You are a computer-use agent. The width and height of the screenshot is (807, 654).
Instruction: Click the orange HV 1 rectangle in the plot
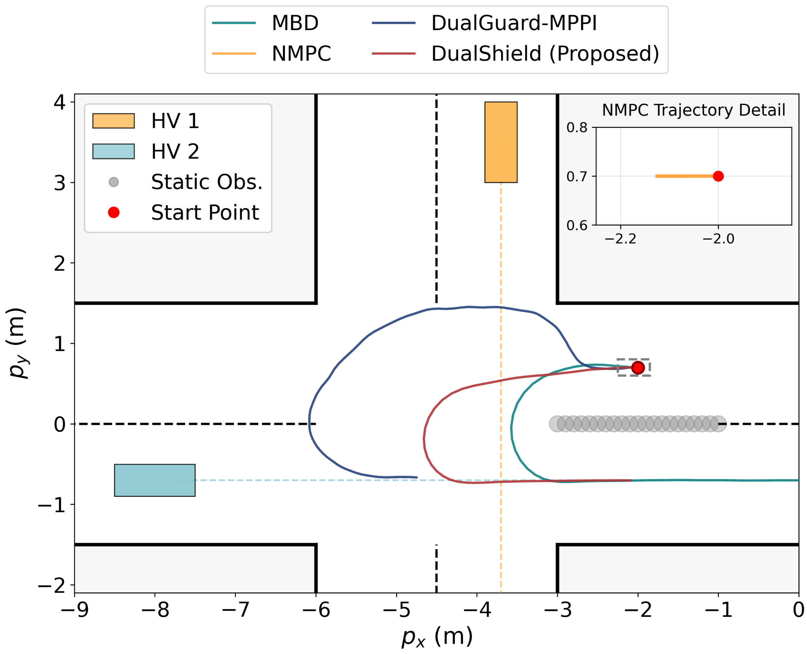point(501,142)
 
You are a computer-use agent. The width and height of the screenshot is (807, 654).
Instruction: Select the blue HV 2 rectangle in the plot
point(155,480)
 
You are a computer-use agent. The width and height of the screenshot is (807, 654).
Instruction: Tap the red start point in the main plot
point(638,367)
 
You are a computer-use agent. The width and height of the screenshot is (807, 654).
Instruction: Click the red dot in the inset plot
point(718,176)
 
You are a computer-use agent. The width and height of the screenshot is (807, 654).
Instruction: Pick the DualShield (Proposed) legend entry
point(545,54)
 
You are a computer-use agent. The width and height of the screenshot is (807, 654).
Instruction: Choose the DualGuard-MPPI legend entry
point(514,23)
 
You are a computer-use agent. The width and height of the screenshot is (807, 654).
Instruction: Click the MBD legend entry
point(295,23)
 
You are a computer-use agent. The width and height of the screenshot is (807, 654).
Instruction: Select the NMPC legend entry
point(301,54)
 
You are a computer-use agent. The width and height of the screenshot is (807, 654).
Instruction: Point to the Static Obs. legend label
point(206,182)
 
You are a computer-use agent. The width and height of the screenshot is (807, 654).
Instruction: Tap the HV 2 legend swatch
point(113,152)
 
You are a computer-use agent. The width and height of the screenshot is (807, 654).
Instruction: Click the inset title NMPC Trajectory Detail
point(693,110)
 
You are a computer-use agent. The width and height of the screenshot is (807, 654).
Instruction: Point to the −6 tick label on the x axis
point(316,610)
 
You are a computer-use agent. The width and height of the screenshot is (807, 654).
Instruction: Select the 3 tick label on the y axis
point(60,183)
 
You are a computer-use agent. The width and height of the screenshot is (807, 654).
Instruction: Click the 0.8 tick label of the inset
point(577,128)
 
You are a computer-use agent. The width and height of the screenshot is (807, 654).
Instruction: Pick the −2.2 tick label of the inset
point(620,239)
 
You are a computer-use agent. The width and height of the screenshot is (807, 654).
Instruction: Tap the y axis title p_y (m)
point(17,343)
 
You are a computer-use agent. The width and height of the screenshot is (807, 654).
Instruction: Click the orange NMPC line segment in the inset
point(684,176)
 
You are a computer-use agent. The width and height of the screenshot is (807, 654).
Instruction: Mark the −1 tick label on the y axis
point(52,505)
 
